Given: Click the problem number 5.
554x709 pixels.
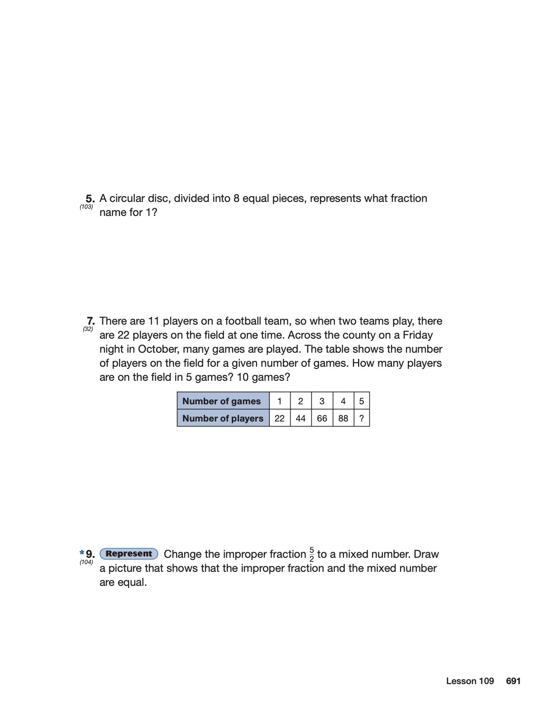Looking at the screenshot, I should pos(90,198).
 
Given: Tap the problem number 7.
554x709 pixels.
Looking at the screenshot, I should pos(91,321).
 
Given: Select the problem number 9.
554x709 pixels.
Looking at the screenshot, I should pos(90,554).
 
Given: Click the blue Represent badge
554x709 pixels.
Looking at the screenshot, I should pos(129,554).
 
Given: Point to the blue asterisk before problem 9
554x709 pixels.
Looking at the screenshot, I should pos(81,552).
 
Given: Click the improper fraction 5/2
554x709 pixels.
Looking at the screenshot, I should pos(311,554).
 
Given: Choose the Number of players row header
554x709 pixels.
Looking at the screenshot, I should pos(223,418).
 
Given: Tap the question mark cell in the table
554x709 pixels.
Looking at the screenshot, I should pos(361,418).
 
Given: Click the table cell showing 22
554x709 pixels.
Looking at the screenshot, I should pos(280,418).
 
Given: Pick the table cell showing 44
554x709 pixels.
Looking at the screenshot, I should pos(301,418).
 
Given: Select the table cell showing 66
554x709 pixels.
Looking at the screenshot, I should pos(322,418).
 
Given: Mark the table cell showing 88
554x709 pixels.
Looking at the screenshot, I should pos(343,418).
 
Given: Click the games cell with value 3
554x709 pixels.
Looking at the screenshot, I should pos(322,401).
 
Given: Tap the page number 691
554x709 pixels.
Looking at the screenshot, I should pos(513,681).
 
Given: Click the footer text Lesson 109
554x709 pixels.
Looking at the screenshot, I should pos(470,681).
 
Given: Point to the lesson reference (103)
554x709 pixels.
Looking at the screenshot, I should pos(86,207).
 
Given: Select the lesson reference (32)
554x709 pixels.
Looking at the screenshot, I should pos(88,329).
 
